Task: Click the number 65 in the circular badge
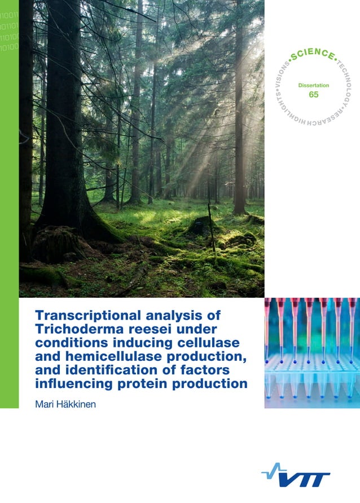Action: (313, 95)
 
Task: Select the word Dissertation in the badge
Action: (313, 85)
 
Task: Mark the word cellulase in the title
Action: (206, 343)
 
